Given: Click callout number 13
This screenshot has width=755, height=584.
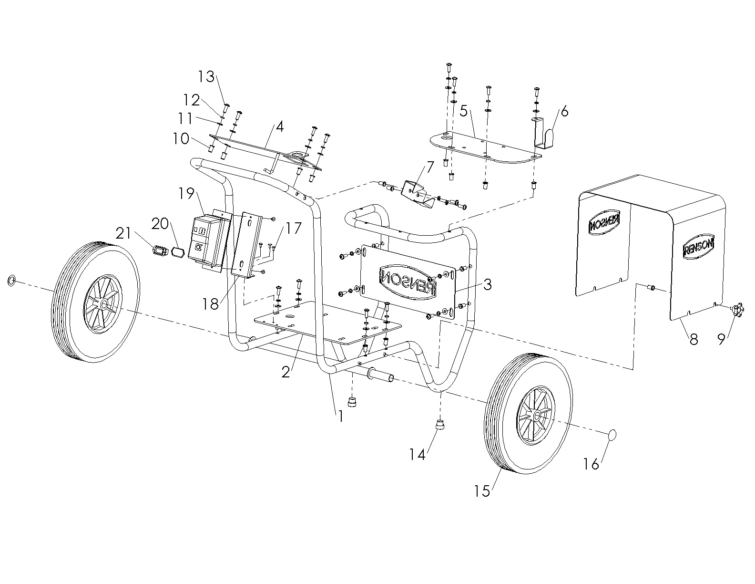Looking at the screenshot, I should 207,76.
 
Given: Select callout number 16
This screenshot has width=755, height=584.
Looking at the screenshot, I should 591,463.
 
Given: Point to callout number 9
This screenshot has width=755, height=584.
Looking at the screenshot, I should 721,339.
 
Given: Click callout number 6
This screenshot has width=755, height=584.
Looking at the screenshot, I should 564,111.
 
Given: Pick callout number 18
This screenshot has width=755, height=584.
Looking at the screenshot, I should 210,303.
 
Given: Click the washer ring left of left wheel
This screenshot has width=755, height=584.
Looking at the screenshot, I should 11,280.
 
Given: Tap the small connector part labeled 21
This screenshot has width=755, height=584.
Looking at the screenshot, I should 160,250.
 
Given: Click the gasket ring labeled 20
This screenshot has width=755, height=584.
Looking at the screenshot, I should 178,251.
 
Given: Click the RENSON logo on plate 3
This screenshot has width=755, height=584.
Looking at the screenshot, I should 408,279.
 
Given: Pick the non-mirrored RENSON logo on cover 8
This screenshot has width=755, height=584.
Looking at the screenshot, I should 699,247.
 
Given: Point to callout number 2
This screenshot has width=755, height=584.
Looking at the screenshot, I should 286,372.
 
